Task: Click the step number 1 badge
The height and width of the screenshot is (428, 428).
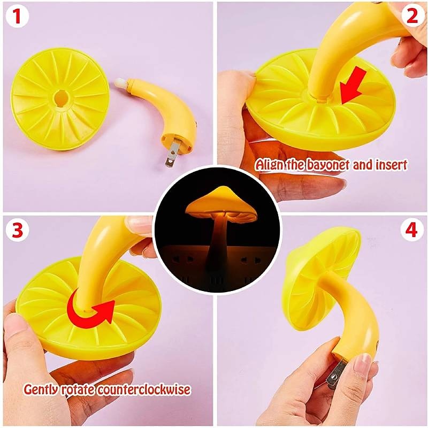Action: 17,17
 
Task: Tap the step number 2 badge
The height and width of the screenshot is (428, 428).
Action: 411,17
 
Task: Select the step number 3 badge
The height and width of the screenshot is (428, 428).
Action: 17,231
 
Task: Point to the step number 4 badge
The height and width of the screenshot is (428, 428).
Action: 411,231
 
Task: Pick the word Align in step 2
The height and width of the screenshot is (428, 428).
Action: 269,165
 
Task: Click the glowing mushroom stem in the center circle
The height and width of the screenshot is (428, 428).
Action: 217,241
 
